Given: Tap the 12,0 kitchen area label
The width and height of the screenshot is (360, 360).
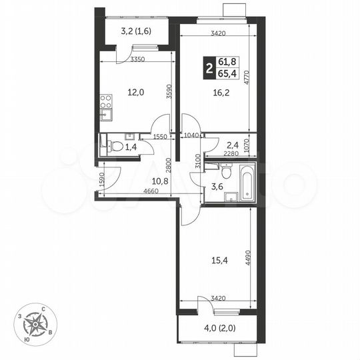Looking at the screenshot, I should point(136,93).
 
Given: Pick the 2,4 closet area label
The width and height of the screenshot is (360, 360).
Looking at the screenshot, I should point(232,144).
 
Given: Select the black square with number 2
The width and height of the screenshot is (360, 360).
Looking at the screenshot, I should point(209,67).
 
